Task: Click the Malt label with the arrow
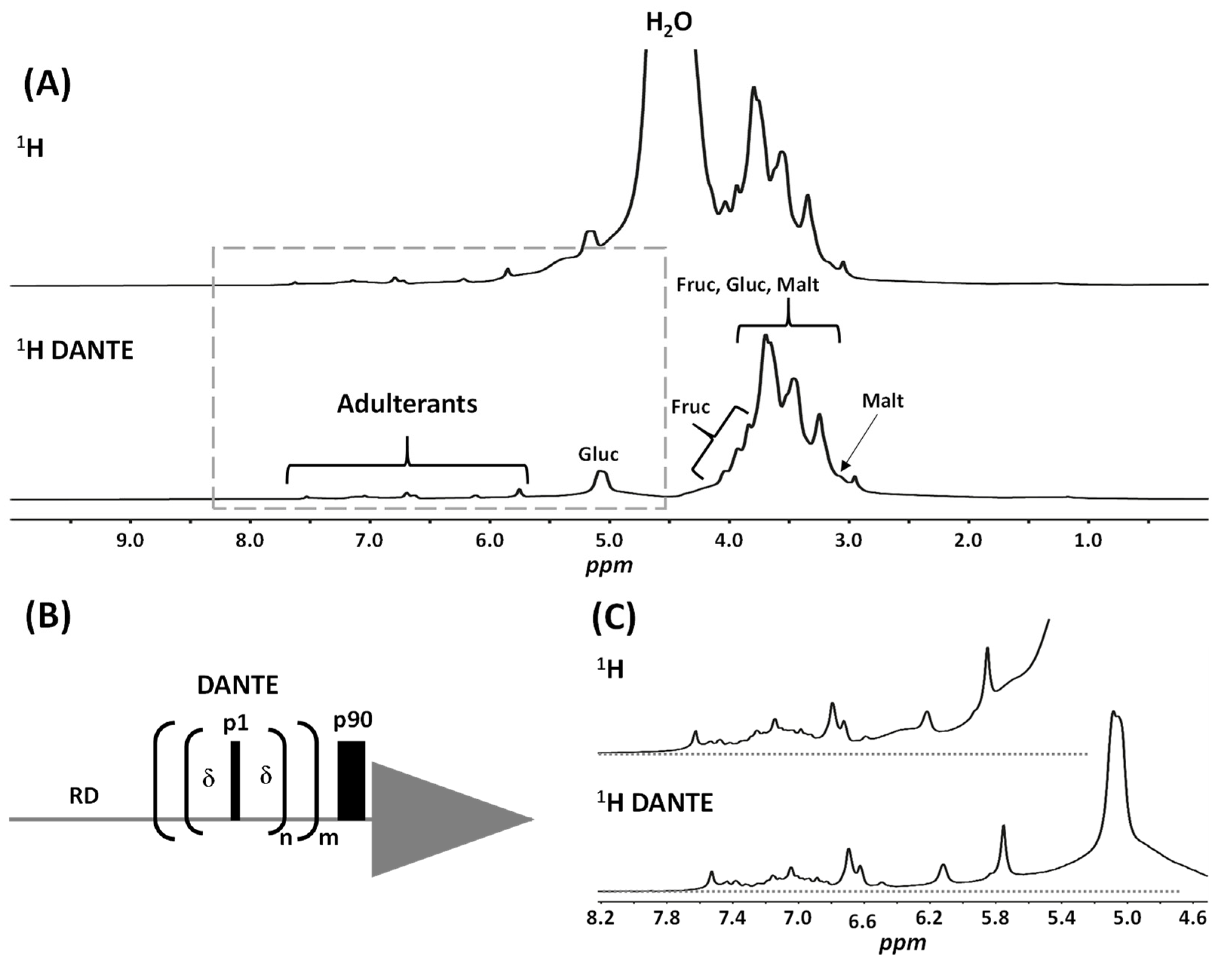pos(882,401)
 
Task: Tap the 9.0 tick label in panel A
pos(130,540)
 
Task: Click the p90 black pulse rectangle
pos(351,780)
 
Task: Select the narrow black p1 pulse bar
pos(236,780)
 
